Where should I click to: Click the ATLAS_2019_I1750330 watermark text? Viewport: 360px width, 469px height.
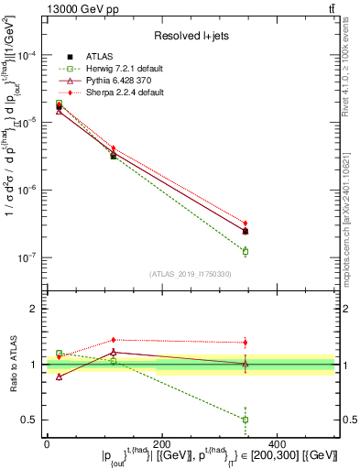190,274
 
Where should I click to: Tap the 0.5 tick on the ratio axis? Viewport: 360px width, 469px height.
33,420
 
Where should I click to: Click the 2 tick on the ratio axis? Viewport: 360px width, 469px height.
37,309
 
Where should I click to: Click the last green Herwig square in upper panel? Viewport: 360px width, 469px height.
245,251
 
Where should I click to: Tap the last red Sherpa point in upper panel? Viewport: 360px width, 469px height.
245,223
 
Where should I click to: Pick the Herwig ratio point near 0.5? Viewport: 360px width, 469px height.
245,420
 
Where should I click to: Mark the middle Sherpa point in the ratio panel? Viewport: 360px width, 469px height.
113,340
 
